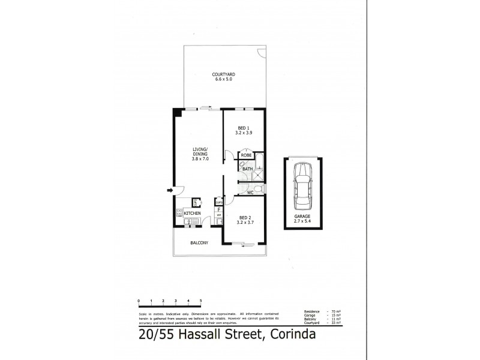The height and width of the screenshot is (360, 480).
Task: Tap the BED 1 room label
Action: click(x=242, y=128)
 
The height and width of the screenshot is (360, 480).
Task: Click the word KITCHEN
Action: click(x=192, y=213)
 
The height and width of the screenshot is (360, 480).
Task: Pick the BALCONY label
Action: click(x=199, y=242)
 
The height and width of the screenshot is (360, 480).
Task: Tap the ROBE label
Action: click(x=246, y=155)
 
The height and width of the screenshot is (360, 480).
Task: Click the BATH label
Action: click(x=247, y=169)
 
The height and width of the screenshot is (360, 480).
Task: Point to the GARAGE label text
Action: click(x=304, y=218)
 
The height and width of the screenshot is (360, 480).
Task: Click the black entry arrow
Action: click(x=169, y=190)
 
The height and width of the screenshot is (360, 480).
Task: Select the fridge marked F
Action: click(x=219, y=210)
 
